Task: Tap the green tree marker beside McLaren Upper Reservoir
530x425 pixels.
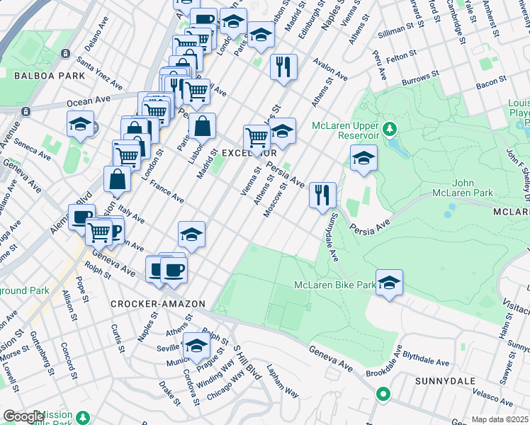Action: pos(389,130)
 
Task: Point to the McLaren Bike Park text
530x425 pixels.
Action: pos(335,285)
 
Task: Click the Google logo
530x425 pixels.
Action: pos(23,416)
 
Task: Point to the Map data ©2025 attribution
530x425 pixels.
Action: pos(499,419)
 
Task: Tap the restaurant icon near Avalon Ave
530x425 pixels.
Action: pos(283,67)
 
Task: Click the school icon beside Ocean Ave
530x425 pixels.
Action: pos(81,124)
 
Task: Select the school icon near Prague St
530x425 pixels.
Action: pos(196,346)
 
